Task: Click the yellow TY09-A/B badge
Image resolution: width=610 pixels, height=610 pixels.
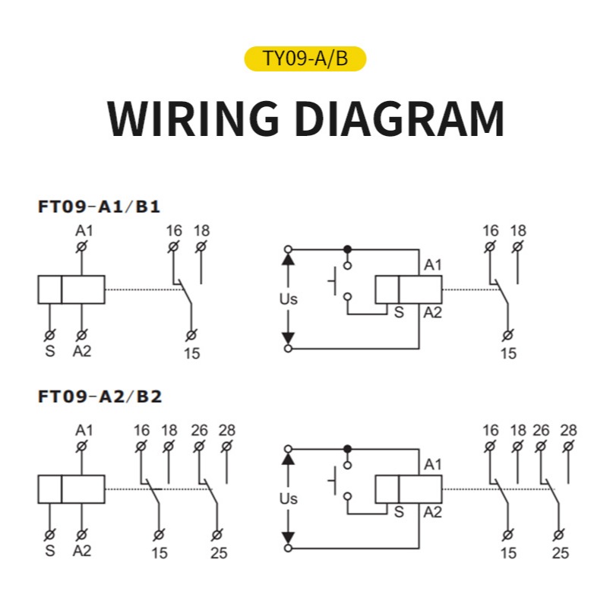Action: (x=305, y=58)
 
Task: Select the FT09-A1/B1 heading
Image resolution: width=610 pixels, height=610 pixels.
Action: (x=99, y=206)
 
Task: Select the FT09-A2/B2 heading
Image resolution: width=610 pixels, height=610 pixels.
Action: (x=100, y=397)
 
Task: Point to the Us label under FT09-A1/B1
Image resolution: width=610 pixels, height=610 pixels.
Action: (x=288, y=299)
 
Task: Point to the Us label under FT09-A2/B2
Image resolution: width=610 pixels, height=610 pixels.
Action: (x=288, y=499)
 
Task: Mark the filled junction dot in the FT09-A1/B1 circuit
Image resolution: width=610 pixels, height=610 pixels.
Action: (x=348, y=248)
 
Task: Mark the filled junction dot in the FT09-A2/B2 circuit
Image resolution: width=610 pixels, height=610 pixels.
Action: (x=348, y=448)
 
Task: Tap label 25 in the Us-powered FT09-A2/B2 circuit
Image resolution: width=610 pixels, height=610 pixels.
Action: (x=560, y=553)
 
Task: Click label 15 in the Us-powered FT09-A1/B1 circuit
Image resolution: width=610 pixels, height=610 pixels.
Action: (x=508, y=353)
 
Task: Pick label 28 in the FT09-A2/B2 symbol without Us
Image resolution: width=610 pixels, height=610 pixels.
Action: (x=227, y=431)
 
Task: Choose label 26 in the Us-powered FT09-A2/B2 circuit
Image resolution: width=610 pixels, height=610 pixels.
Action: (x=541, y=431)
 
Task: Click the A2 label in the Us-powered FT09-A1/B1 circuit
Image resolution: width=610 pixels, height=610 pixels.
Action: (x=432, y=312)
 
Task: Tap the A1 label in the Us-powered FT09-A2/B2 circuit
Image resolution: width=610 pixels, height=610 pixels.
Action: (x=432, y=464)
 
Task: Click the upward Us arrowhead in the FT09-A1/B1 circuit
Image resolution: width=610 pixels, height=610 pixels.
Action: (x=287, y=259)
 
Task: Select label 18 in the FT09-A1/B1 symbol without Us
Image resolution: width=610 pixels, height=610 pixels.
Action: (x=201, y=231)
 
